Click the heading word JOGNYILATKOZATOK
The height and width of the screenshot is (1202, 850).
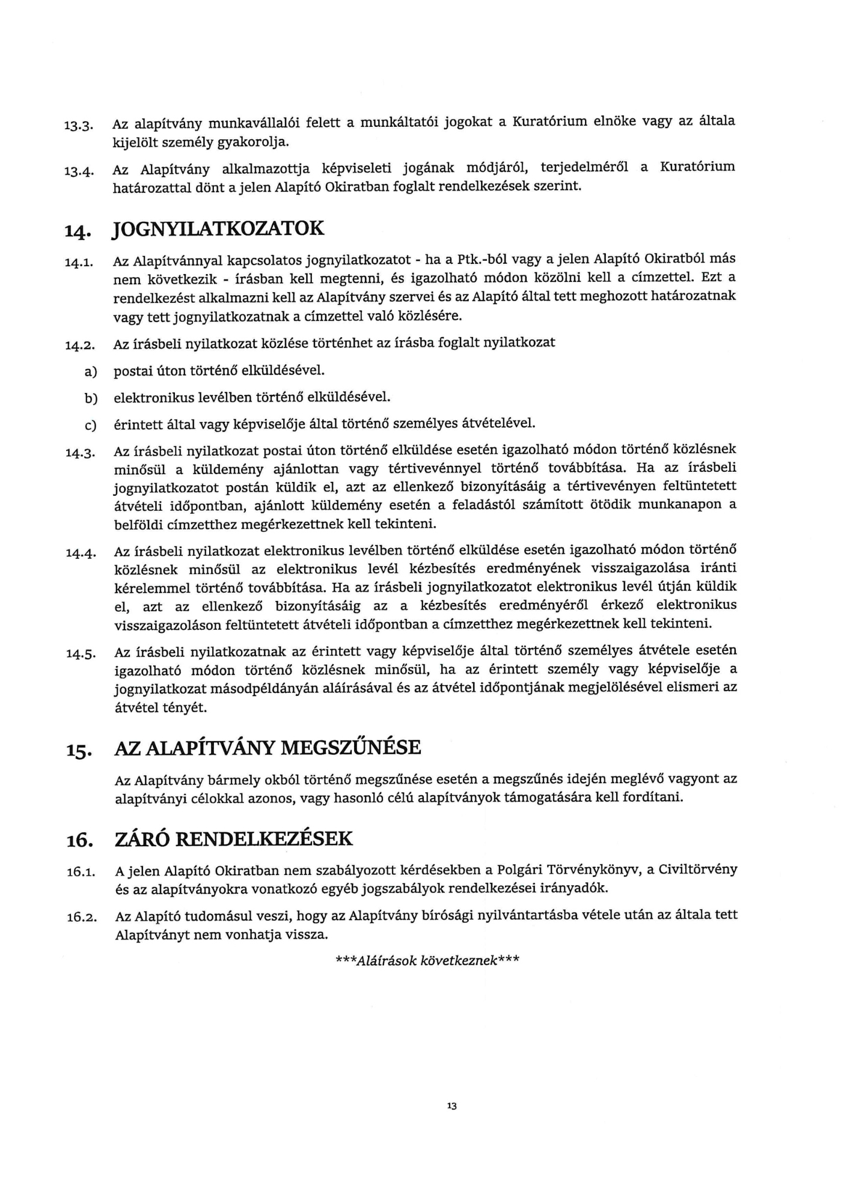point(219,229)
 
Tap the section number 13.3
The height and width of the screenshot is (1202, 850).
point(78,126)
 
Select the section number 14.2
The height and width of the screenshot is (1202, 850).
point(80,346)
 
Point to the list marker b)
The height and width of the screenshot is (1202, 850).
point(90,399)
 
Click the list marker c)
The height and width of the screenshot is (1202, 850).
point(90,426)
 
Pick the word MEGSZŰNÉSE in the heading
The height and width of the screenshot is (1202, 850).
point(351,748)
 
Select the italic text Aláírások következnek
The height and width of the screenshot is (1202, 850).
point(427,960)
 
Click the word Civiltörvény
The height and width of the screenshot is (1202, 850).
point(698,870)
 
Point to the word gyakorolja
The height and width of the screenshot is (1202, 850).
point(256,143)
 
